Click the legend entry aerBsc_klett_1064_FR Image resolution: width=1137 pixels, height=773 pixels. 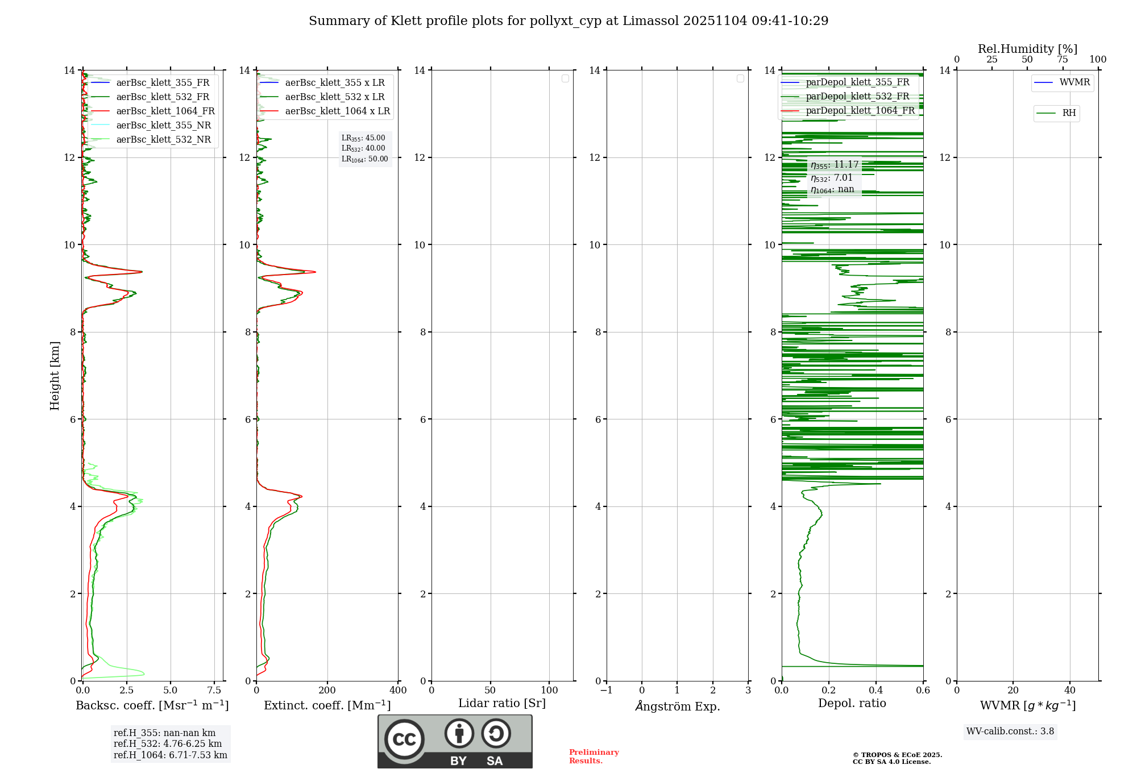point(165,111)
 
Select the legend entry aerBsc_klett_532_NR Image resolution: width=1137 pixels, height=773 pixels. point(163,140)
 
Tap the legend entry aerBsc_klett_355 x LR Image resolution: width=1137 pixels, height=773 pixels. point(334,83)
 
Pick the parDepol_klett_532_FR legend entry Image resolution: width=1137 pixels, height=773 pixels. point(857,97)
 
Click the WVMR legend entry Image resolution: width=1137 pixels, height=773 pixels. point(1074,82)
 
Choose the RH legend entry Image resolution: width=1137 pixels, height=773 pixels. point(1068,113)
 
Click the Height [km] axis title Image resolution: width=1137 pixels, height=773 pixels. point(55,376)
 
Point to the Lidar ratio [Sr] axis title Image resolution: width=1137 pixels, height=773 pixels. point(501,704)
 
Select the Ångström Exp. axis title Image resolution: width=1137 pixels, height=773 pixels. point(677,706)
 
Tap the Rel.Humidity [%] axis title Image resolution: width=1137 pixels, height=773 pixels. point(1027,49)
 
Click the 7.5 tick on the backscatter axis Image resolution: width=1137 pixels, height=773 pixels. point(214,691)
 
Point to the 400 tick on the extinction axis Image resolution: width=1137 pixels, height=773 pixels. point(398,691)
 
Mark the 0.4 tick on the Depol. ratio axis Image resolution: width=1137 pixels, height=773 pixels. point(876,691)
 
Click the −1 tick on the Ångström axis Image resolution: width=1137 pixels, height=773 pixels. point(607,691)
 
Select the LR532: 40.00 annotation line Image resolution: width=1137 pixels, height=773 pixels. point(363,148)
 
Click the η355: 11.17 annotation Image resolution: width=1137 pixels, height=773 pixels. point(835,165)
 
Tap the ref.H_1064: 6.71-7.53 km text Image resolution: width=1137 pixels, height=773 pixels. point(170,755)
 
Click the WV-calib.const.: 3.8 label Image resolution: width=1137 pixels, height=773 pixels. point(1010,732)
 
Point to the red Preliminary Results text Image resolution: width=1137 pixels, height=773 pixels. point(594,757)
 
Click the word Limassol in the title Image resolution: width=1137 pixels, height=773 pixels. point(651,21)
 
